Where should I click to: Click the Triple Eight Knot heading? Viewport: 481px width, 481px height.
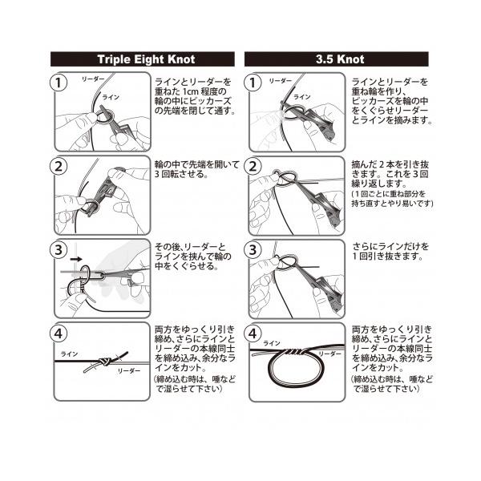tap(146, 59)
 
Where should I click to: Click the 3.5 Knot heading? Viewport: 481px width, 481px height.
tap(340, 59)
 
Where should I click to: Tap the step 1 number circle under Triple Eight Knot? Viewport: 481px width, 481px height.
tap(59, 83)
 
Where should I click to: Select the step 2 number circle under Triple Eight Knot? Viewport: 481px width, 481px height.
tap(59, 166)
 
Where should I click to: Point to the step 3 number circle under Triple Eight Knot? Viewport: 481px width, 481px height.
tap(59, 249)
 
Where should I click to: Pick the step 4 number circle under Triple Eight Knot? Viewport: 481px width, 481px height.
tap(59, 333)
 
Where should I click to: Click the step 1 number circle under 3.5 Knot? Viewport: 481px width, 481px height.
tap(253, 83)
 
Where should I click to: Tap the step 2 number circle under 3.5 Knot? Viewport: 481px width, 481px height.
tap(253, 166)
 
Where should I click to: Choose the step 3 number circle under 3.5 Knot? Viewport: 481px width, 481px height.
tap(253, 249)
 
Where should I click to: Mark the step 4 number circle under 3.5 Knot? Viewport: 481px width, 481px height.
tap(253, 333)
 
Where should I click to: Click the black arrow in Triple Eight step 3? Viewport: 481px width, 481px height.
tap(76, 259)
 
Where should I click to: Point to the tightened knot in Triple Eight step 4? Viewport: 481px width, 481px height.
tap(104, 362)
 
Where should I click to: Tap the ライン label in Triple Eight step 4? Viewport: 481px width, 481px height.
tap(69, 354)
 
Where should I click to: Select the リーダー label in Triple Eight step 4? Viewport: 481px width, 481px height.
tap(129, 371)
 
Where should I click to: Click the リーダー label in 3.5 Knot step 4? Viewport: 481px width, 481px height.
tap(329, 354)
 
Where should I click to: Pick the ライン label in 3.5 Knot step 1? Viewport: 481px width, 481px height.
tap(302, 97)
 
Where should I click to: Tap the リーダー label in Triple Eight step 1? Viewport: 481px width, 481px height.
tap(93, 79)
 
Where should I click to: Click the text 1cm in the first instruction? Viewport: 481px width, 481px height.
tap(191, 91)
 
